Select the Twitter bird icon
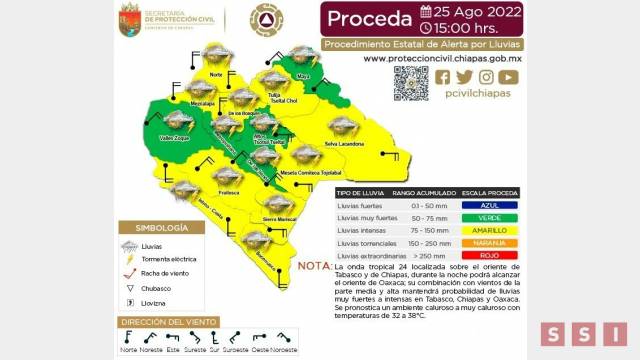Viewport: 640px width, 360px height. pyautogui.click(x=464, y=77)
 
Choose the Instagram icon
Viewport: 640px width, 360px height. pyautogui.click(x=486, y=77)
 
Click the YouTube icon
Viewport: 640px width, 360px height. pyautogui.click(x=508, y=77)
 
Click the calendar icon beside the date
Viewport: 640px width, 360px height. pyautogui.click(x=426, y=12)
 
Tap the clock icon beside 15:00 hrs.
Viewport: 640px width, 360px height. pyautogui.click(x=427, y=29)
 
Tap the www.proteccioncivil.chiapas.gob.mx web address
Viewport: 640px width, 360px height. pyautogui.click(x=440, y=58)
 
